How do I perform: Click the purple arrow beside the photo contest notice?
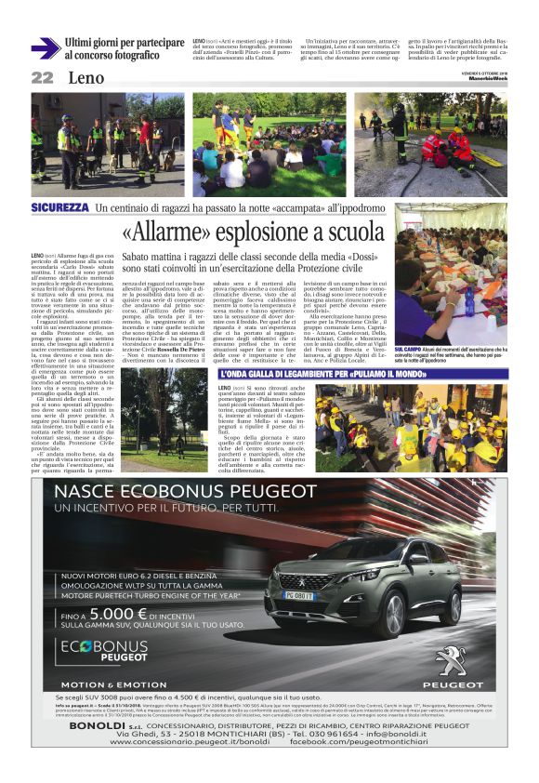tap(44, 48)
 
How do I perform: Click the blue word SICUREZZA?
tap(60, 206)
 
